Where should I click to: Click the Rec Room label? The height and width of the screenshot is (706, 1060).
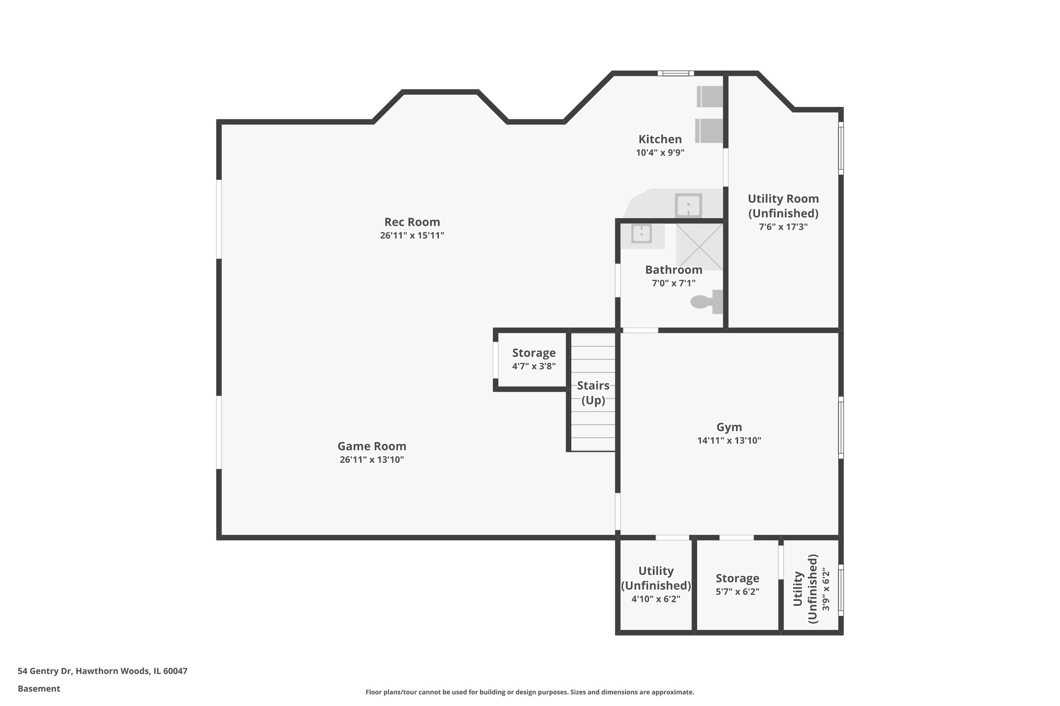412,222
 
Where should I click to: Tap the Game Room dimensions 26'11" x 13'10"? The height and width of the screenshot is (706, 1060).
372,460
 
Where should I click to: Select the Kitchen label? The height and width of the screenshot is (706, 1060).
660,139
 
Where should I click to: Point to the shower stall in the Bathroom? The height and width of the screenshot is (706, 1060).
699,246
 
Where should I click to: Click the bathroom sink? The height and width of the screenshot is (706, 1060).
641,234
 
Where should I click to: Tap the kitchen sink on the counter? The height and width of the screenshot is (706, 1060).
688,206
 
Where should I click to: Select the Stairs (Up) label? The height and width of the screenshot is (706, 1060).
593,393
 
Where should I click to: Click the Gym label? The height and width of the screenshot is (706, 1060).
729,427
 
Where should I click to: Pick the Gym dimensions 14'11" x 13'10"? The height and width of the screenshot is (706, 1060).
729,441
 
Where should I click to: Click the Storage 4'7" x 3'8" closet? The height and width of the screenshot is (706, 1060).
534,359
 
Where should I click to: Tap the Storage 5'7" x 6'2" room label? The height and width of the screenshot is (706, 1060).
737,578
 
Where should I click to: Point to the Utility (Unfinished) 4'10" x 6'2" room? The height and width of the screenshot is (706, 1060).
656,584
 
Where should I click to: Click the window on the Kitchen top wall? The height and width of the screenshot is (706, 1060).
675,73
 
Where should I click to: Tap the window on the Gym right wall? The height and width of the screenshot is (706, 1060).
841,427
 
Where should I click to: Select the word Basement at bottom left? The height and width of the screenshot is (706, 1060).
39,689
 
